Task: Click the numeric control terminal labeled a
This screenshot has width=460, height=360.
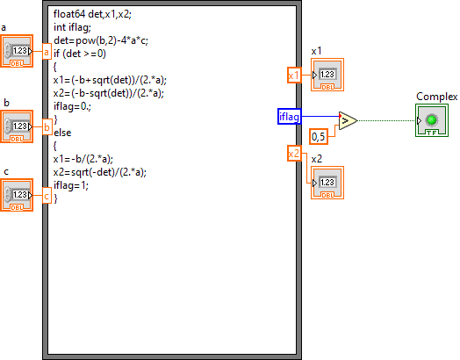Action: pyautogui.click(x=17, y=51)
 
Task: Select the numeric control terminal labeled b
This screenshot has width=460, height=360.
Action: pyautogui.click(x=17, y=126)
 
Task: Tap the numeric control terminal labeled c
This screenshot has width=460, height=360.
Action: pyautogui.click(x=17, y=195)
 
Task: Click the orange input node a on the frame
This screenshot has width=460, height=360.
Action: pyautogui.click(x=47, y=51)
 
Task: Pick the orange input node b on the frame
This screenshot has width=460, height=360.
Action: pyautogui.click(x=47, y=126)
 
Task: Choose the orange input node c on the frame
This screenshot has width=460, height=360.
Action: pyautogui.click(x=47, y=196)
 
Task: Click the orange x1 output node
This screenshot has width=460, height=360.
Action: pyautogui.click(x=294, y=76)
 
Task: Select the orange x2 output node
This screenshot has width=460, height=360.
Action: pyautogui.click(x=294, y=153)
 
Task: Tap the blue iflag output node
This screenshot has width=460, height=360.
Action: pyautogui.click(x=290, y=116)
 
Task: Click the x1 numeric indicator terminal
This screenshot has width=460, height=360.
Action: pyautogui.click(x=327, y=75)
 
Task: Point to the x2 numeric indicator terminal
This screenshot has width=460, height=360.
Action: pyautogui.click(x=327, y=183)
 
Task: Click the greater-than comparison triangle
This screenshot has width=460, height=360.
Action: pyautogui.click(x=348, y=120)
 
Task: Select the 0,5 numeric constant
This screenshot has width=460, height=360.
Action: pyautogui.click(x=319, y=136)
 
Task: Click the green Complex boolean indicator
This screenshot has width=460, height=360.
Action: pyautogui.click(x=432, y=120)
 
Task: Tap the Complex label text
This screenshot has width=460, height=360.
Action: pyautogui.click(x=436, y=97)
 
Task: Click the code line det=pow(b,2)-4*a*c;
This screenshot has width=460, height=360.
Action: pyautogui.click(x=101, y=40)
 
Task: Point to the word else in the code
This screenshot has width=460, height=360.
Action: pyautogui.click(x=62, y=133)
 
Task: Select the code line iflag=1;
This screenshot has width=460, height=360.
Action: pyautogui.click(x=71, y=185)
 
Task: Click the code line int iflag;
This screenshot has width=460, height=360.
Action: pyautogui.click(x=72, y=27)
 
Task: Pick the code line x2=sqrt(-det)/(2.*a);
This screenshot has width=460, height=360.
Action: pyautogui.click(x=100, y=172)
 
